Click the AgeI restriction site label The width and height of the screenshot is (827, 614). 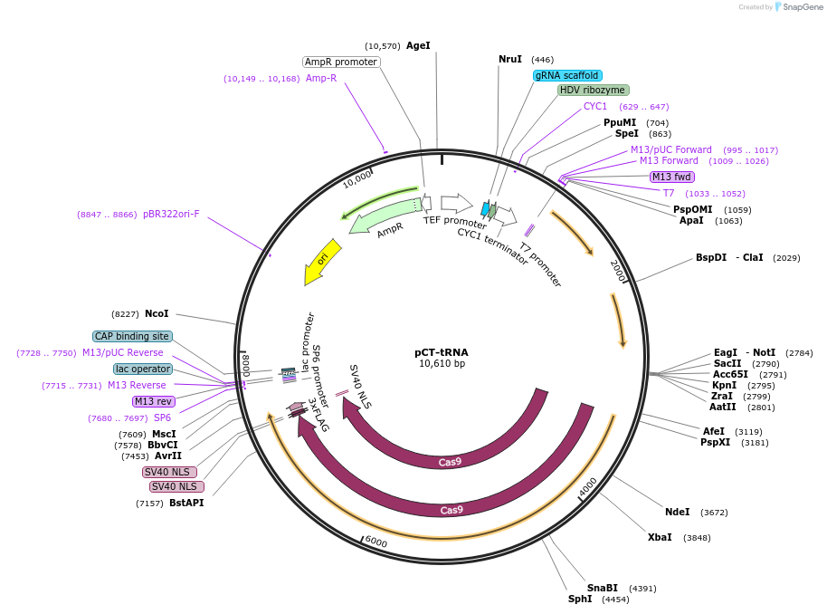point(418,45)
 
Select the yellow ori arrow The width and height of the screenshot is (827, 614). point(322,261)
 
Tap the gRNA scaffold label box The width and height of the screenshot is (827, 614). point(567,75)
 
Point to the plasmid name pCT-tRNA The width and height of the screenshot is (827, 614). point(442,352)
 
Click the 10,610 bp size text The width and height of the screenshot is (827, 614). point(442,364)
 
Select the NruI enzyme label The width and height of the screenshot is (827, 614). point(510,59)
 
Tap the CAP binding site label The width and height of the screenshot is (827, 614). point(132,336)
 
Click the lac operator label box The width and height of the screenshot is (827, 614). point(143,369)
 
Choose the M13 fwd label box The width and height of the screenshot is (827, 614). point(672,177)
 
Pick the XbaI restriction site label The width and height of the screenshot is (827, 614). point(660,537)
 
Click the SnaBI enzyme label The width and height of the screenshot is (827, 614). point(602,588)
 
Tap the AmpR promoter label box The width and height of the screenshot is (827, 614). point(341,62)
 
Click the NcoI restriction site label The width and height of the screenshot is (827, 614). point(157,313)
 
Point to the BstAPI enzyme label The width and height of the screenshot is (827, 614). point(186,503)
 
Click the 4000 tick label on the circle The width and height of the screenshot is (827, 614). point(588,485)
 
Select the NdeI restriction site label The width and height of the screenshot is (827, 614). point(677,512)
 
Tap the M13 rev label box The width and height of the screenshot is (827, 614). point(153,401)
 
